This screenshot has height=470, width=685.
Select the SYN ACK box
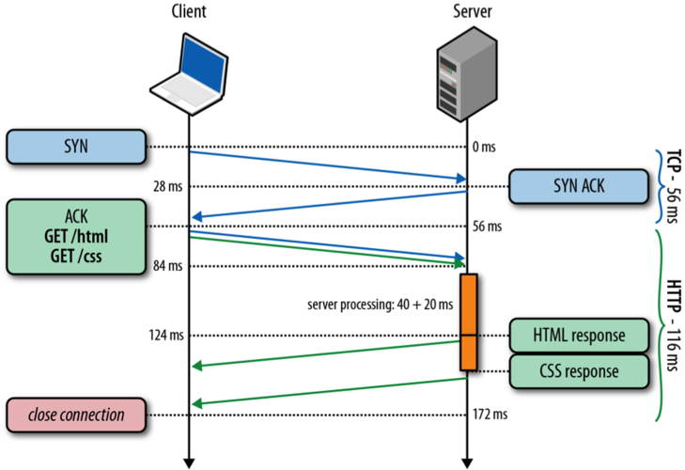(579, 186)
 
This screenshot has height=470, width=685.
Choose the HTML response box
(580, 335)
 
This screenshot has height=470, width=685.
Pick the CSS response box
(580, 370)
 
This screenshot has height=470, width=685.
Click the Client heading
(189, 12)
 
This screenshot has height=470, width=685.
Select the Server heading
(466, 12)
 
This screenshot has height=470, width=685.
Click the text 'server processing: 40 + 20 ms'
(380, 305)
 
